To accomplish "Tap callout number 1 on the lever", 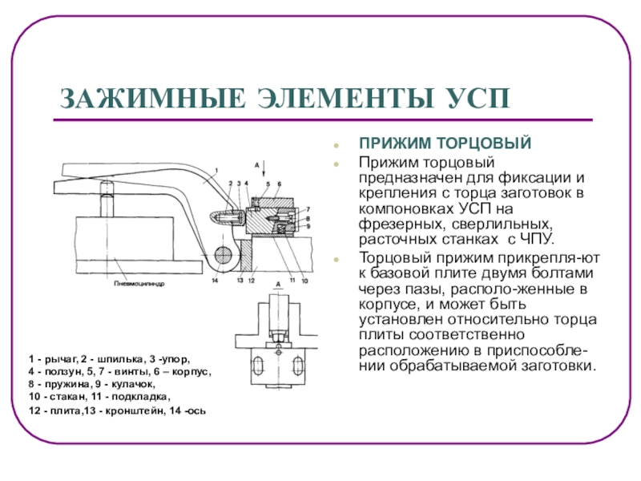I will (x=216, y=169).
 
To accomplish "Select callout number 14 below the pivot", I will (x=215, y=281).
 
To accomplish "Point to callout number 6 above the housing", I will (x=280, y=184).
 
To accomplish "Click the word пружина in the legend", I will (x=56, y=385).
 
